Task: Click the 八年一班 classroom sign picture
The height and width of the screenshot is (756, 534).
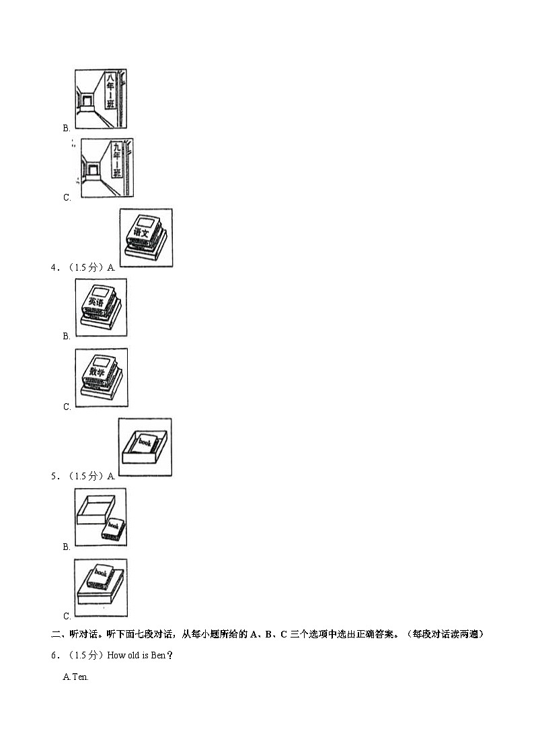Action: pos(101,99)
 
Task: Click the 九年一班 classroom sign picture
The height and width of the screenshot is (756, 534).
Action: pos(107,168)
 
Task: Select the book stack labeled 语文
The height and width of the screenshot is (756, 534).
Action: pos(145,237)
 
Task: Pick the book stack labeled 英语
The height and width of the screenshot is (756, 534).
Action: pos(101,307)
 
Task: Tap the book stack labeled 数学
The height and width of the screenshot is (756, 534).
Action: pos(101,377)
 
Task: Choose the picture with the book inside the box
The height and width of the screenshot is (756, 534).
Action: pos(145,448)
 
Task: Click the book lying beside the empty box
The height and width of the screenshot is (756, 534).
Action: pos(114,530)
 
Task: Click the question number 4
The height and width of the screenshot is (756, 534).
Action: pos(54,267)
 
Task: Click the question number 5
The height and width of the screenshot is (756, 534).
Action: pos(54,476)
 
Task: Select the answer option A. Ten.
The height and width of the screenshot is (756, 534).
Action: pos(75,677)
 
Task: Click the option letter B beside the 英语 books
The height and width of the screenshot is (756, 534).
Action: pos(67,336)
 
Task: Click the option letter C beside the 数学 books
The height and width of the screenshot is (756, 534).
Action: pos(67,407)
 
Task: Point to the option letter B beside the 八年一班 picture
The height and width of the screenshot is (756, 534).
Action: pos(67,128)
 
